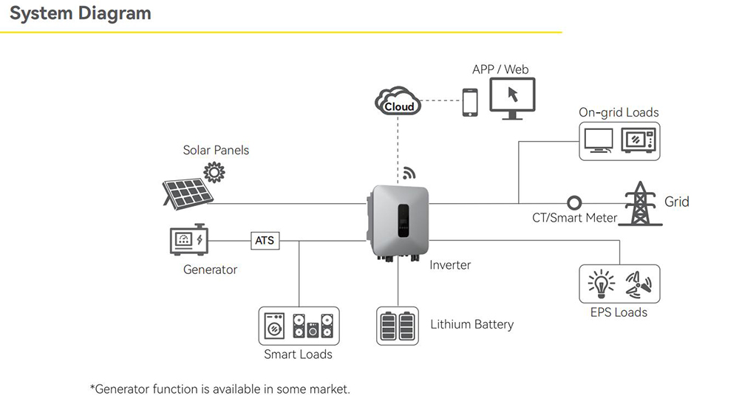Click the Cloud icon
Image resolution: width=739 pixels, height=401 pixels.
click(398, 103)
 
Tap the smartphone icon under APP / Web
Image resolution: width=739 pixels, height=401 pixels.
click(470, 103)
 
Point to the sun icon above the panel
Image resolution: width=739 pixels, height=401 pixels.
click(214, 173)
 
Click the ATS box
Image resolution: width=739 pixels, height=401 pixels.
click(264, 241)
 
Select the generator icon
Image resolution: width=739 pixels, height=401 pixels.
click(188, 239)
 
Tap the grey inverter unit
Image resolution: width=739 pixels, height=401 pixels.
click(399, 220)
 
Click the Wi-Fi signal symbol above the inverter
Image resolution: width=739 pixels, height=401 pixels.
click(409, 174)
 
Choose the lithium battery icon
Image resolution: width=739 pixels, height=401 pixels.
click(398, 326)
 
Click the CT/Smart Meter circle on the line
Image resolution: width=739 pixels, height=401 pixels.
click(573, 202)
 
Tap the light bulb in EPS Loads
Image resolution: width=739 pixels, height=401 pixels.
click(601, 284)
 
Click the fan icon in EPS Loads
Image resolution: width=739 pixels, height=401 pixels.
click(639, 284)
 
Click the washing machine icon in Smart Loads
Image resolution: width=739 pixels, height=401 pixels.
click(274, 326)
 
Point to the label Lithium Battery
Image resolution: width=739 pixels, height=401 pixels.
click(471, 324)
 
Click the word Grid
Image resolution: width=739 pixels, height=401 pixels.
click(677, 202)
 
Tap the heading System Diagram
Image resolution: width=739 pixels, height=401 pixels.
click(80, 13)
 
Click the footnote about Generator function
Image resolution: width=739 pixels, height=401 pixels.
click(219, 388)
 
